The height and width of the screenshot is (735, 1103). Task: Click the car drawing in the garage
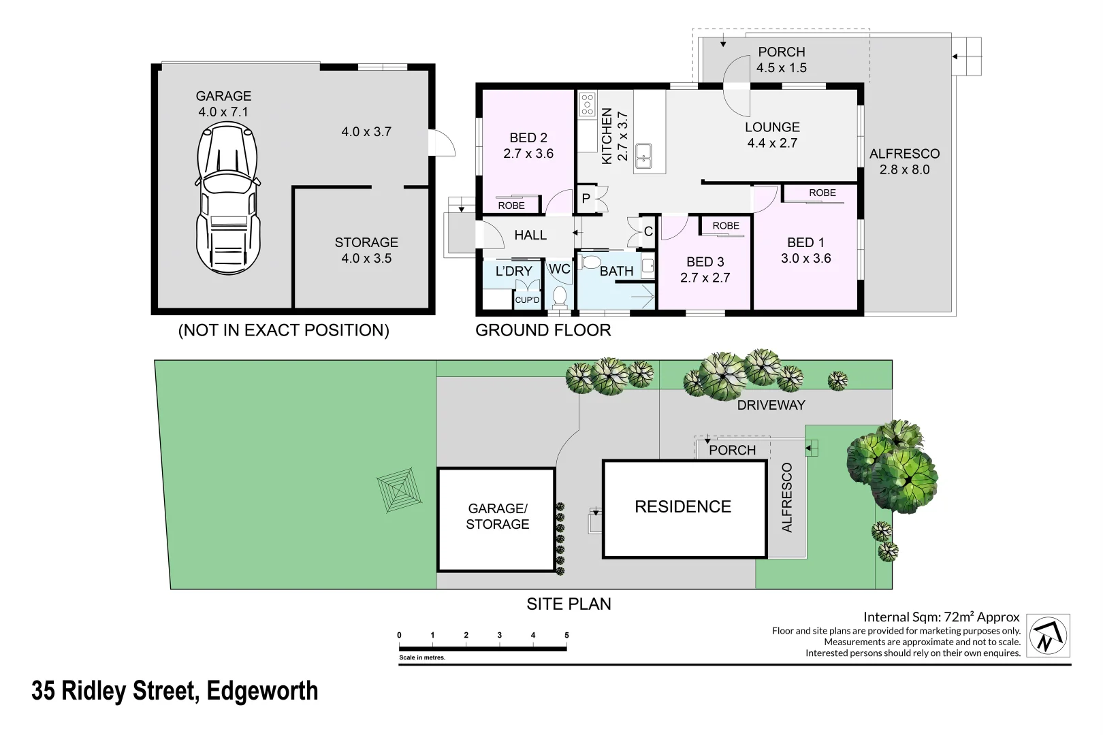228,199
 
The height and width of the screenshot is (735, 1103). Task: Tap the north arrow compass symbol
1048,636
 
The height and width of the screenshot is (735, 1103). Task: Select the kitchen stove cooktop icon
587,105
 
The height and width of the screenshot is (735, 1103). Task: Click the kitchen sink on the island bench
643,156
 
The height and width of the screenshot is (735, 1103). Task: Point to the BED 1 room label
805,242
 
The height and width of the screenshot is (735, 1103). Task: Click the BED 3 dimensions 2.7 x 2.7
705,278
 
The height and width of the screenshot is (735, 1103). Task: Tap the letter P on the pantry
586,199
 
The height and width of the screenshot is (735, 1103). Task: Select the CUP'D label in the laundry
527,300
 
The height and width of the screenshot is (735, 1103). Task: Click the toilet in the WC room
560,296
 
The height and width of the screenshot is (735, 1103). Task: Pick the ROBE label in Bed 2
511,206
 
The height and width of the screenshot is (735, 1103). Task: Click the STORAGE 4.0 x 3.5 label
366,250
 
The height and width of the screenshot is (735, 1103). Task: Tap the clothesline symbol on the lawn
399,489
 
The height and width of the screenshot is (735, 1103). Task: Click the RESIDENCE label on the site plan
683,506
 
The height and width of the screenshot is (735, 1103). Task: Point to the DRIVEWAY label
771,405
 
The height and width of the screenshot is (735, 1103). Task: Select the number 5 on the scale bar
566,635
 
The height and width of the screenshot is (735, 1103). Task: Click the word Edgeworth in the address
262,691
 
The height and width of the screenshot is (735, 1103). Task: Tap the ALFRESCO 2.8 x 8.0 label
904,161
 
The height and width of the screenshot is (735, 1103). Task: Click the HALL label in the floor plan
530,235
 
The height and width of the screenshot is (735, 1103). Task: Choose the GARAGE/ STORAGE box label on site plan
498,516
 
